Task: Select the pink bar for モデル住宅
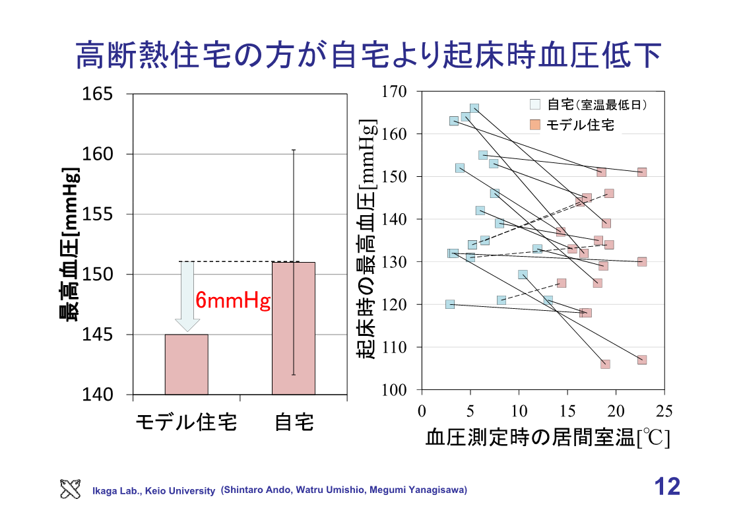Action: [x=187, y=364]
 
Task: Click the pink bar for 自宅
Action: [x=294, y=328]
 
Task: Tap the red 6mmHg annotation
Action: [x=234, y=302]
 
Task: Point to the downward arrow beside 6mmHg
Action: [x=187, y=297]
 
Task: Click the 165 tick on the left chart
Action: [x=97, y=94]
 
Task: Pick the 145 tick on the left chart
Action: [x=97, y=335]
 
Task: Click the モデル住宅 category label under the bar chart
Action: [x=186, y=422]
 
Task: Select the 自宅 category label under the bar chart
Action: [x=294, y=422]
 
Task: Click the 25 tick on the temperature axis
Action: [x=664, y=412]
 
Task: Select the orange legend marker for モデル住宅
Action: [x=535, y=124]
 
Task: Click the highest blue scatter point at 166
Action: [x=474, y=109]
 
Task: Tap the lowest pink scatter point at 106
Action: [x=605, y=364]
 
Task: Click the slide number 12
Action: [x=666, y=487]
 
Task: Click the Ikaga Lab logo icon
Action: [x=71, y=488]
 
